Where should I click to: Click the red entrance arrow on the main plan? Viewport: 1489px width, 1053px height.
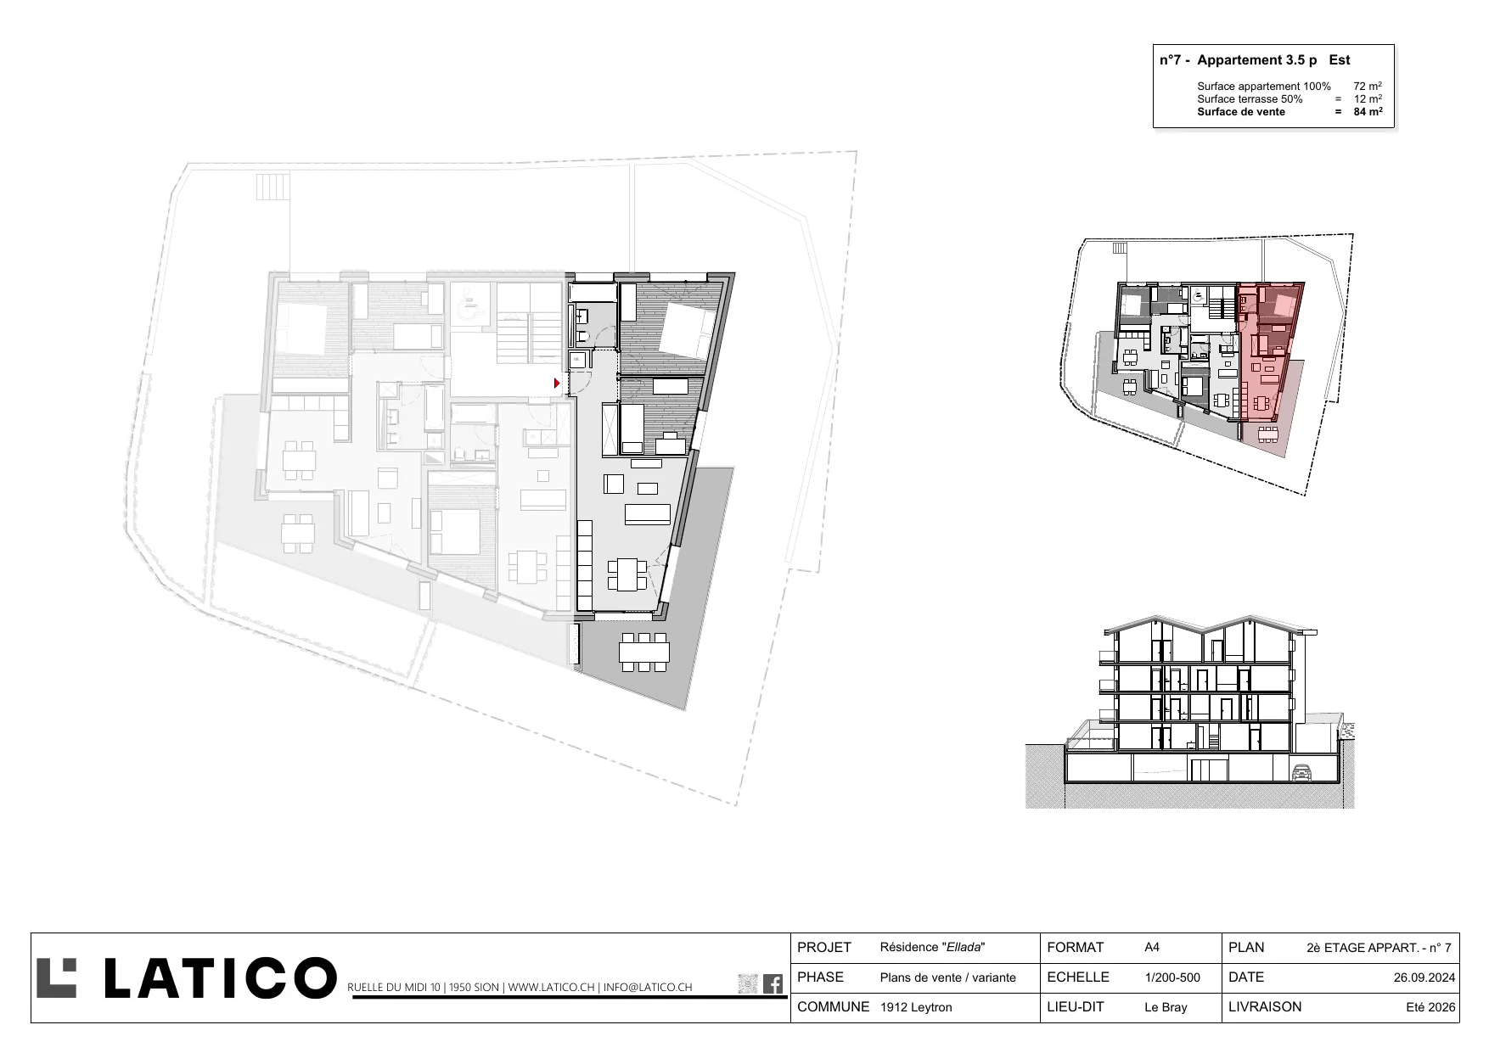tap(557, 384)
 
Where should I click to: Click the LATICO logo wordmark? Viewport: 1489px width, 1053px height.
tap(186, 978)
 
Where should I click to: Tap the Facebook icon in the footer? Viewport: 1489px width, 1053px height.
tap(773, 983)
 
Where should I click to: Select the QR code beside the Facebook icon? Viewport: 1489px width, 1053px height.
tap(748, 983)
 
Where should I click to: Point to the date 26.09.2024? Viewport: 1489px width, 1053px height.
tap(1424, 977)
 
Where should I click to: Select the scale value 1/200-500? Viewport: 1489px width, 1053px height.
tap(1172, 977)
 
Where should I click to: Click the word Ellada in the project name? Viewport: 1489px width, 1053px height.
tap(964, 948)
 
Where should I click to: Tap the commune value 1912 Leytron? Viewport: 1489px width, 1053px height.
tap(916, 1007)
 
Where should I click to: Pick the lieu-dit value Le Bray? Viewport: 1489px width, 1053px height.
tap(1166, 1007)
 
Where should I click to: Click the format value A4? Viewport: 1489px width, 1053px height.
tap(1152, 948)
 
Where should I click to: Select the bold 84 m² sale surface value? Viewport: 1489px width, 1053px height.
tap(1368, 111)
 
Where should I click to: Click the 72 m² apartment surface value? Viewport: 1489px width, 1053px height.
tap(1368, 86)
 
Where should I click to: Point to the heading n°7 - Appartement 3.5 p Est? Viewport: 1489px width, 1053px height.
tap(1255, 60)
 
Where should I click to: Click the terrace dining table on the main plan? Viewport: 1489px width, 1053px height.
tap(643, 652)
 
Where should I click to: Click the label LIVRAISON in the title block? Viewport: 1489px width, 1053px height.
tap(1265, 1007)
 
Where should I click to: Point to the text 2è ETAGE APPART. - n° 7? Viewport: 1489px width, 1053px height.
tap(1379, 948)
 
